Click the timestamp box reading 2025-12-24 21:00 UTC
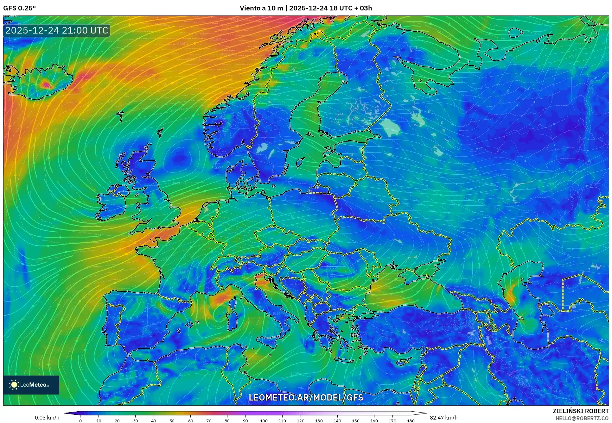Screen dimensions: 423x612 pyautogui.click(x=57, y=30)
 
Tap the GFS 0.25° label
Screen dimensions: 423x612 pyautogui.click(x=19, y=8)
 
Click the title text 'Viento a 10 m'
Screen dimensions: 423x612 pyautogui.click(x=261, y=8)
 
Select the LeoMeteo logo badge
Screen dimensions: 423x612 pyautogui.click(x=31, y=385)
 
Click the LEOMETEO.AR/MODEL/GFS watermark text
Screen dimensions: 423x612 pyautogui.click(x=306, y=397)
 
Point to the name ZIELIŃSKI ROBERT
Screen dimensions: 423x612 pyautogui.click(x=580, y=411)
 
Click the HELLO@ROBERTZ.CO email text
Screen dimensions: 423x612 pyautogui.click(x=582, y=418)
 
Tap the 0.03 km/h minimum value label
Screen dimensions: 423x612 pyautogui.click(x=47, y=418)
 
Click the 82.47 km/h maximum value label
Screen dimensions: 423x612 pyautogui.click(x=443, y=418)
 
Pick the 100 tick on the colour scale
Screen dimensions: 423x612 pyautogui.click(x=264, y=421)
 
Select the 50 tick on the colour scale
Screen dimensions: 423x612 pyautogui.click(x=172, y=421)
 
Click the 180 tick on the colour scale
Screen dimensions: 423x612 pyautogui.click(x=411, y=421)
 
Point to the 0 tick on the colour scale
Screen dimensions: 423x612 pyautogui.click(x=80, y=421)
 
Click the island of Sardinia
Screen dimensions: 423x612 pyautogui.click(x=233, y=320)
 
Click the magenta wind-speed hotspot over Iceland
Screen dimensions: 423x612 pyautogui.click(x=46, y=84)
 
